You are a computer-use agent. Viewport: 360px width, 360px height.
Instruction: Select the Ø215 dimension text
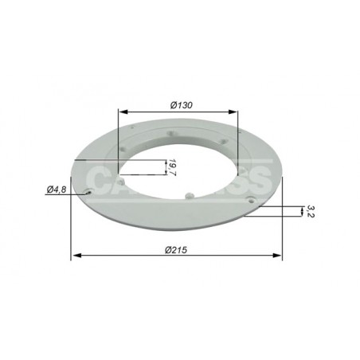coord(178,249)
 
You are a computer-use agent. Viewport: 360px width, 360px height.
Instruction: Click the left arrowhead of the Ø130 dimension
coord(122,112)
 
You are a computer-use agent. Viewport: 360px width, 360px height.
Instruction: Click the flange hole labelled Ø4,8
coord(92,191)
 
